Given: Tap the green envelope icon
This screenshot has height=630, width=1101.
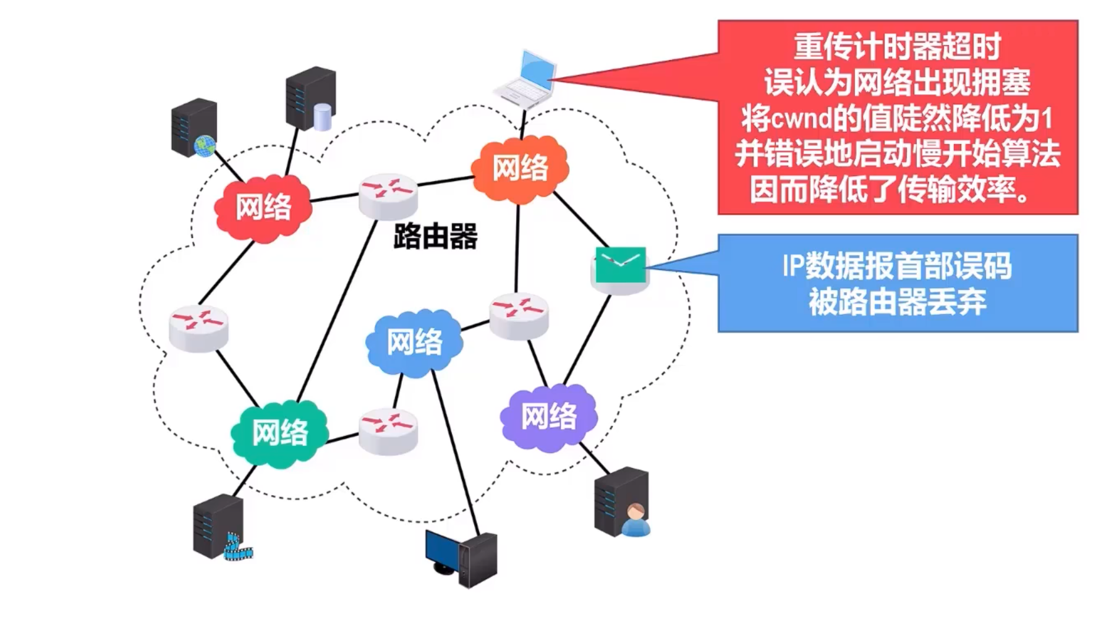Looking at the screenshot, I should [620, 266].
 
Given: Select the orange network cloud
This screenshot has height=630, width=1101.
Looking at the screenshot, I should [520, 168].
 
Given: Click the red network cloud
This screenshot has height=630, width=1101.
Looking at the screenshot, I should [263, 207].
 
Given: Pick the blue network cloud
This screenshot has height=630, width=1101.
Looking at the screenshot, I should [414, 343].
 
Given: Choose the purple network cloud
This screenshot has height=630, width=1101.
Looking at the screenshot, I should [549, 416].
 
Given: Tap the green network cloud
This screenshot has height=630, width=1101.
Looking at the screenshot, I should [279, 432].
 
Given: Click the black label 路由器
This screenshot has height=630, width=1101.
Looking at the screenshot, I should [435, 237].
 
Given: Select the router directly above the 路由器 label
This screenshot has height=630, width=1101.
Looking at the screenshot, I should [388, 194].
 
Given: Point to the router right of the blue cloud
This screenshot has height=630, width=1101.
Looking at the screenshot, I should [519, 314].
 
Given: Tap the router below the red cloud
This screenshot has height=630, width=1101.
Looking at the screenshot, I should [198, 327].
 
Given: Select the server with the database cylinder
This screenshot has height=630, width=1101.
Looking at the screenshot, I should [311, 99].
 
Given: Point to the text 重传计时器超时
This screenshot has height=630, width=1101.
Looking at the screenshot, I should [897, 46].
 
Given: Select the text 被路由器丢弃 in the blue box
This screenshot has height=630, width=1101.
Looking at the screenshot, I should [897, 302].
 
